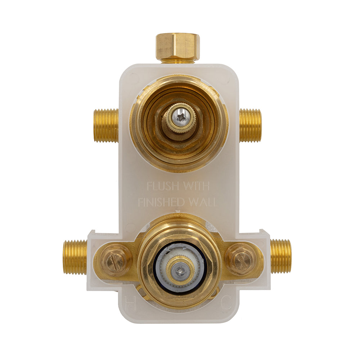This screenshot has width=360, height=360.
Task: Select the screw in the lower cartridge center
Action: click(180, 269)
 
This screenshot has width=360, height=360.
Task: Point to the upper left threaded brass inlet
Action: click(106, 125)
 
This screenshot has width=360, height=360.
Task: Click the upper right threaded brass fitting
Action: click(251, 125)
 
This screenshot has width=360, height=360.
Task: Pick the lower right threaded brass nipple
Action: click(281, 256)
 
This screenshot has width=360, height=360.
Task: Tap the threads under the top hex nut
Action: click(177, 62)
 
